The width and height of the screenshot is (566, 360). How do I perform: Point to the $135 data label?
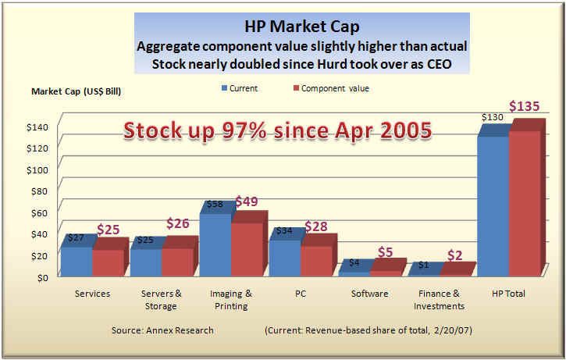point(525,107)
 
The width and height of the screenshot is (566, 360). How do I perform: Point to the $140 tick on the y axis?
point(36,127)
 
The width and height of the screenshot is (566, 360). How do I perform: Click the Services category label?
point(92,294)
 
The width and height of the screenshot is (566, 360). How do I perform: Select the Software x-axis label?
point(368,294)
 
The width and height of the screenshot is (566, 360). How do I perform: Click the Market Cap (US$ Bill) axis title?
point(77,91)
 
